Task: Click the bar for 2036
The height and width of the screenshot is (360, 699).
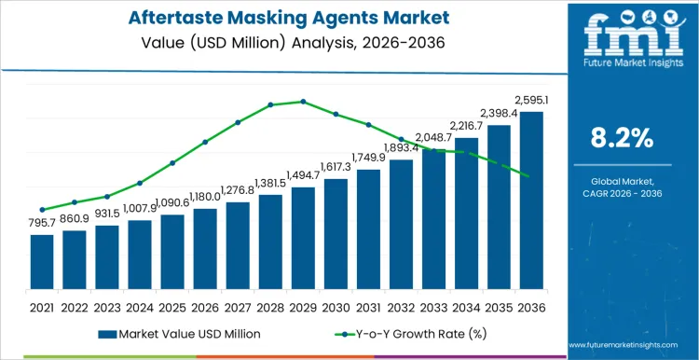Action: click(531, 200)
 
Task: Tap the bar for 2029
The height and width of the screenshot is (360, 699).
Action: click(303, 238)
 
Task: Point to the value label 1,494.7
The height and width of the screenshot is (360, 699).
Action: click(303, 175)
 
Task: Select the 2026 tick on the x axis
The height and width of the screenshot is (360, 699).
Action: click(205, 306)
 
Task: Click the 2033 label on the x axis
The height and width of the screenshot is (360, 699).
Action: click(433, 306)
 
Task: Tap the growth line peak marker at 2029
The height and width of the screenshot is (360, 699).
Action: click(303, 101)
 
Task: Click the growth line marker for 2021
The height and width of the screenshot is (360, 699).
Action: click(42, 210)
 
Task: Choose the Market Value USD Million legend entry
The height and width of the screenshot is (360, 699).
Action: click(175, 333)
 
